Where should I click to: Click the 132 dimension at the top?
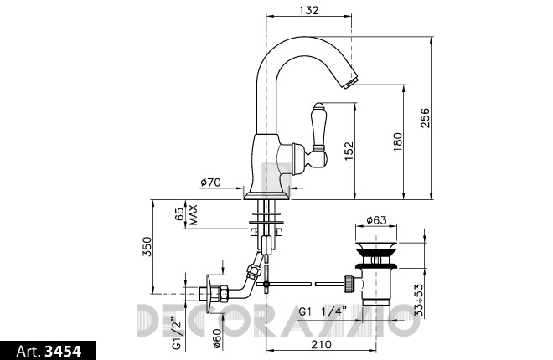(x=308, y=10)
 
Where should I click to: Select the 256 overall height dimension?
(x=426, y=118)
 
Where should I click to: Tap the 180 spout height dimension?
(x=397, y=141)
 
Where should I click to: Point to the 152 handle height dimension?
(x=349, y=151)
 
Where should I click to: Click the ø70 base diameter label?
(x=210, y=183)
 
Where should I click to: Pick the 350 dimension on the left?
(x=147, y=247)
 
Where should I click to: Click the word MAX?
(x=193, y=215)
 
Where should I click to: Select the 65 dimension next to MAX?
(x=179, y=213)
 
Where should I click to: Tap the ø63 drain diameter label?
(x=376, y=220)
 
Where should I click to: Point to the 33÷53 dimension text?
(x=419, y=300)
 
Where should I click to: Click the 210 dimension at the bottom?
(x=321, y=344)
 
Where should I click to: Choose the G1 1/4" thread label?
(x=323, y=311)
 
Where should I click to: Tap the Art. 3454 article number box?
(x=49, y=351)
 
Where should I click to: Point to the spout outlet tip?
(x=350, y=83)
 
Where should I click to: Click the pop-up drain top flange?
(x=376, y=245)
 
